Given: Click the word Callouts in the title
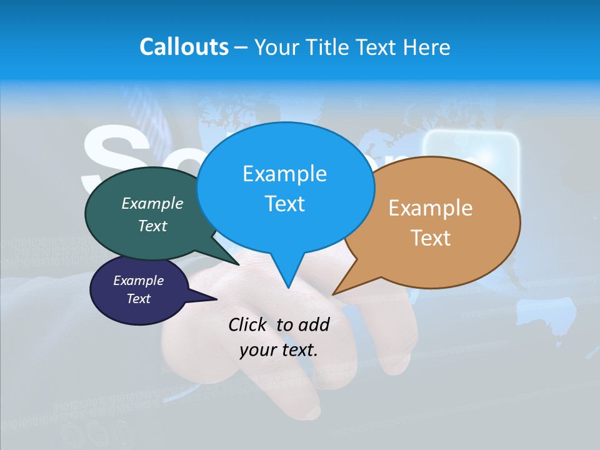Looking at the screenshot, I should click(x=184, y=47).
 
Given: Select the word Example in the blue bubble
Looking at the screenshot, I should click(x=284, y=173).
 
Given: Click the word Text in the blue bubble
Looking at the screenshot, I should click(x=284, y=203).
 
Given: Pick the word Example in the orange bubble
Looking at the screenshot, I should click(x=431, y=207).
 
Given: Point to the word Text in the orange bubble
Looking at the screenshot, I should click(x=431, y=237).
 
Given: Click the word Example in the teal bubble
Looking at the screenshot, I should click(x=152, y=203).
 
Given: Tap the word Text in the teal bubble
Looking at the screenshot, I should click(x=152, y=226).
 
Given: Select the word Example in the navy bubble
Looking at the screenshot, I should click(x=138, y=281).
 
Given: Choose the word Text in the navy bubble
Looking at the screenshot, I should click(x=138, y=299).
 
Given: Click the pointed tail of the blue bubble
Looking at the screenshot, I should click(x=287, y=286).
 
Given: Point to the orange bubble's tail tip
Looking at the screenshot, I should click(x=334, y=293).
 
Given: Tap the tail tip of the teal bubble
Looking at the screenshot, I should click(x=237, y=264).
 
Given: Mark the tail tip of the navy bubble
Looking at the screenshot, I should click(x=216, y=299).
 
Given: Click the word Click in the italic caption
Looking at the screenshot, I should click(x=249, y=324).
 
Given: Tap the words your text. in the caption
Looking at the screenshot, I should click(x=278, y=349).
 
